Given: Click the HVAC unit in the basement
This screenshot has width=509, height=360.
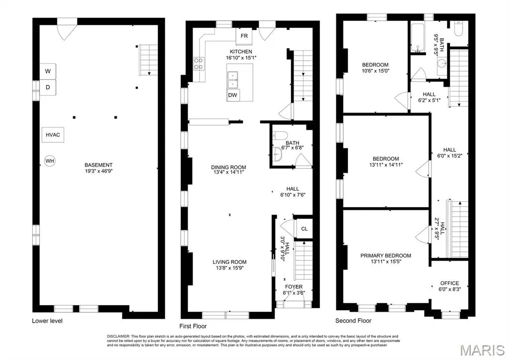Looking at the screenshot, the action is tap(53, 135).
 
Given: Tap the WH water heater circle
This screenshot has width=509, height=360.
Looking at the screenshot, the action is tap(50, 160).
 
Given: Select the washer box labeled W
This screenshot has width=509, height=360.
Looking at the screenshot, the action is tap(48, 71).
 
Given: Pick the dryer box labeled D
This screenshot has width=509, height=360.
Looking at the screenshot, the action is tap(48, 87).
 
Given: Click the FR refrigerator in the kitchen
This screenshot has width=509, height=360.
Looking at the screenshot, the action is tap(244, 36).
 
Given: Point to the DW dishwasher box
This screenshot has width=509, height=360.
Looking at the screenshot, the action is tap(232, 95).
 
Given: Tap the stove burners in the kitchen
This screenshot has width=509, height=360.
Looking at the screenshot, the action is tap(199, 63).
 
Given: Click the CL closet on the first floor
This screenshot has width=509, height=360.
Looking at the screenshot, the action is tap(304, 229).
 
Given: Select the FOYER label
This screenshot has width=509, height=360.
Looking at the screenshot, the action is tap(294, 287).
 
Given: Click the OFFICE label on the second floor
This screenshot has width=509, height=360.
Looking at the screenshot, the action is tap(450, 283).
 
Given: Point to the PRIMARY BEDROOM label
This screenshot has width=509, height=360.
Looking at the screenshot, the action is tap(386, 256).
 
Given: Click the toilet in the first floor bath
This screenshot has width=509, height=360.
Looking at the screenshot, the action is tap(280, 135).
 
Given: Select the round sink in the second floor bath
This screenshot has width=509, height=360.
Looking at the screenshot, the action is tap(441, 63).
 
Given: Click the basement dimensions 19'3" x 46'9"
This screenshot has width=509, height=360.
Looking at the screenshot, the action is tap(99, 171).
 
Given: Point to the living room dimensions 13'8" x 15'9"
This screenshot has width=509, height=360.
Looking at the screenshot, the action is tap(229, 268).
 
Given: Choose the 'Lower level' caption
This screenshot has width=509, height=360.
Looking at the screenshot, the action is tap(47, 321).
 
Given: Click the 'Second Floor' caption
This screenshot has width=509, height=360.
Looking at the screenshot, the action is tap(353, 321).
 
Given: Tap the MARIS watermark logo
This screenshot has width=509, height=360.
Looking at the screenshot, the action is tap(483, 351).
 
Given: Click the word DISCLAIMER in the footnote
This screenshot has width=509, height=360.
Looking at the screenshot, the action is tap(118, 336).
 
